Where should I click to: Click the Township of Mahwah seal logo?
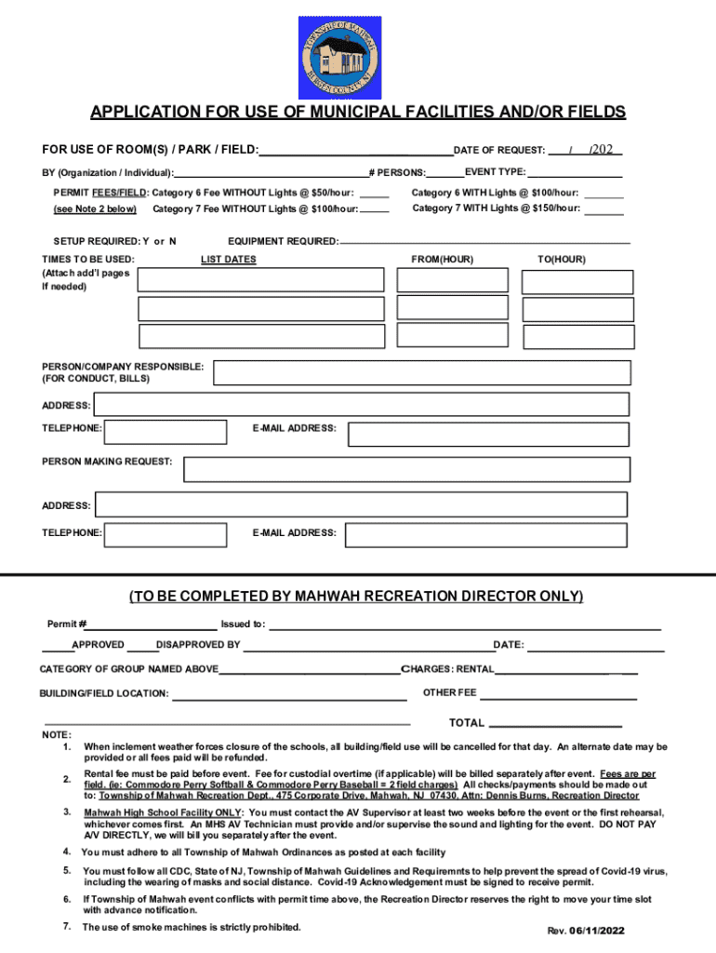[339, 58]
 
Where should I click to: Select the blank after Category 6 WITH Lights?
[605, 194]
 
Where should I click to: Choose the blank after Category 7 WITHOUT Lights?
[374, 209]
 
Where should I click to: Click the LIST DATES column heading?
[228, 260]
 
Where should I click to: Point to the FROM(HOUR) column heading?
[442, 260]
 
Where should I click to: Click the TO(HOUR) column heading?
[561, 260]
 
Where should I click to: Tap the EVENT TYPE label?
[496, 172]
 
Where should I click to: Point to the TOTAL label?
[466, 723]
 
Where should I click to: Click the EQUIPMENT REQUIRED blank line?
[484, 244]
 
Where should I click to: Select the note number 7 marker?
[67, 927]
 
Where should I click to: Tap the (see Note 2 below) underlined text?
[95, 209]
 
